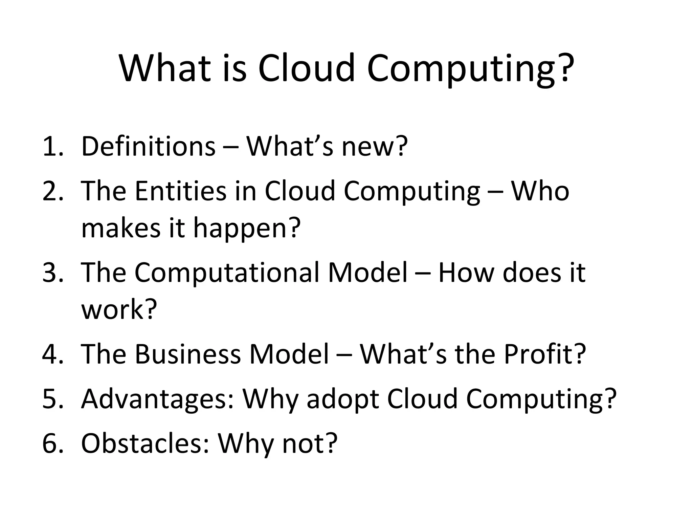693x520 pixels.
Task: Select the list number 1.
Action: pyautogui.click(x=52, y=147)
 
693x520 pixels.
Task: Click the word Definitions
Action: pyautogui.click(x=148, y=147)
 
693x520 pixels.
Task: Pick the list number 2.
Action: pyautogui.click(x=52, y=191)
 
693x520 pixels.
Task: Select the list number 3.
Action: pyautogui.click(x=52, y=273)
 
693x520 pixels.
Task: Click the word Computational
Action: pyautogui.click(x=227, y=273)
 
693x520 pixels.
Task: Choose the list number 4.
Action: pyautogui.click(x=52, y=354)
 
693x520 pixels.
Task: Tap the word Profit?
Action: pyautogui.click(x=544, y=354)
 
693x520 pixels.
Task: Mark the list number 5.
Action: pyautogui.click(x=52, y=399)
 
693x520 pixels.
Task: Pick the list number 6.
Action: pyautogui.click(x=52, y=443)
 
